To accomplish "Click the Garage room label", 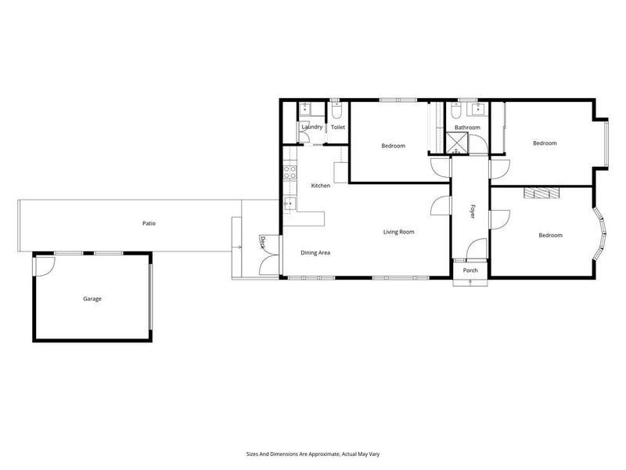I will (93, 298).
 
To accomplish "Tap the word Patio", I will (149, 223).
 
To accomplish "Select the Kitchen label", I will (321, 186).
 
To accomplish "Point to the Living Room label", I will (398, 232).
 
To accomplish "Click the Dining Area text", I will (316, 253).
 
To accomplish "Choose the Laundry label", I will (311, 127).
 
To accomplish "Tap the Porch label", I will (470, 270).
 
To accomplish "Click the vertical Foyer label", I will (472, 211).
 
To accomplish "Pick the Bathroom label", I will (467, 127).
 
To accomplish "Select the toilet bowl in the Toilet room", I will (336, 110).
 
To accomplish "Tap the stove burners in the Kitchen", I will (290, 172).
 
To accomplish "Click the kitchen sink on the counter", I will (288, 204).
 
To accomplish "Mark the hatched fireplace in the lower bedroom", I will (542, 193).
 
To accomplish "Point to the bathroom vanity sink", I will (475, 110).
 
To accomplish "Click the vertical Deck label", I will (263, 243).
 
